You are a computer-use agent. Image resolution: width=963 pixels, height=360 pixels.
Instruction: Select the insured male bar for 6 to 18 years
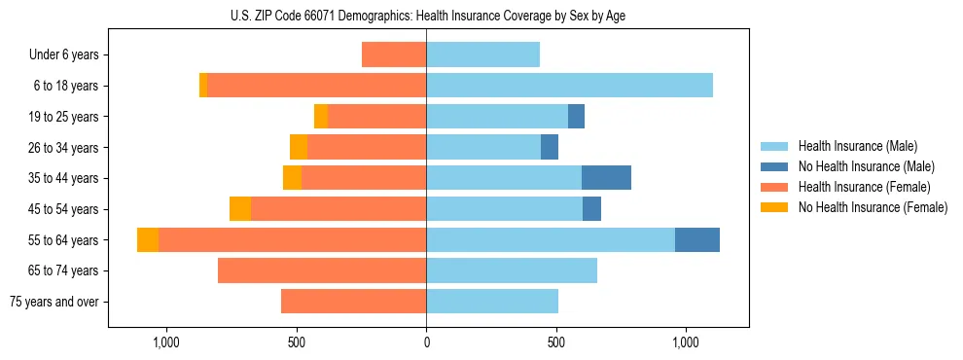click(x=569, y=86)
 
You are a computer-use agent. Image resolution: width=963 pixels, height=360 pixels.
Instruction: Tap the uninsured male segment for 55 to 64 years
click(x=696, y=239)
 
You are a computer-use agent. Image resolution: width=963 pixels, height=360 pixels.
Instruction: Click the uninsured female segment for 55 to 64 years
click(x=148, y=239)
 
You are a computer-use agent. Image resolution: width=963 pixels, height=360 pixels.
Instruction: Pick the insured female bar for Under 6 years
click(x=394, y=54)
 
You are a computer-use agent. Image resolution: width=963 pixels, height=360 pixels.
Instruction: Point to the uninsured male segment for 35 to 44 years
click(x=606, y=178)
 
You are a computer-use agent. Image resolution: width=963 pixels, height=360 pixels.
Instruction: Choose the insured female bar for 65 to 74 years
click(x=322, y=270)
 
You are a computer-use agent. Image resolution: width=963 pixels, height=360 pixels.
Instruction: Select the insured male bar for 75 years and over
click(x=492, y=302)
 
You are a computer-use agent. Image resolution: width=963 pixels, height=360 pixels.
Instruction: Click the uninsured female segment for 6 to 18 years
click(x=203, y=86)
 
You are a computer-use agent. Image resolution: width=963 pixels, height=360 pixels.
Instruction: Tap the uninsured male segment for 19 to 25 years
click(x=576, y=117)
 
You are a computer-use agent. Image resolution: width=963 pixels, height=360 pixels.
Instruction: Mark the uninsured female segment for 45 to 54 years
click(x=240, y=209)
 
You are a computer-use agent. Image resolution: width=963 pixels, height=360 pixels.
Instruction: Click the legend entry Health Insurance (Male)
click(x=857, y=146)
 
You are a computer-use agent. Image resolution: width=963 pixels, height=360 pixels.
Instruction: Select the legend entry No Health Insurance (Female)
click(x=873, y=207)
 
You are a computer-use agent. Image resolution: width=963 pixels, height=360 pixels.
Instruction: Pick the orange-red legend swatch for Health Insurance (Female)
click(x=774, y=187)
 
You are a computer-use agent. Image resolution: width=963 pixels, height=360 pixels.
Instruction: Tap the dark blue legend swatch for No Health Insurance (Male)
click(x=774, y=166)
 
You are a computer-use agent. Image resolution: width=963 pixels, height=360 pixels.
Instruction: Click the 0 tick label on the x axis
click(x=426, y=342)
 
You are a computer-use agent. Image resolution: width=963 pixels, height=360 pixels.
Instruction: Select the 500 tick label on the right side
click(x=555, y=342)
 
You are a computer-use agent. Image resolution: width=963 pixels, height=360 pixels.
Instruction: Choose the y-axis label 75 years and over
click(x=53, y=302)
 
